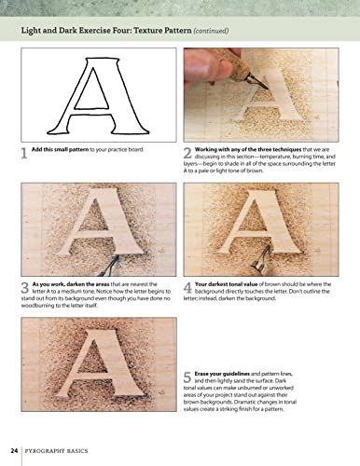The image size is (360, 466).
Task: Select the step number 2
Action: [187, 154]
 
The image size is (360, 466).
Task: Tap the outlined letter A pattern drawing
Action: [96, 93]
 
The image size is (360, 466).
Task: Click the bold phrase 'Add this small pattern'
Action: [68, 150]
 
